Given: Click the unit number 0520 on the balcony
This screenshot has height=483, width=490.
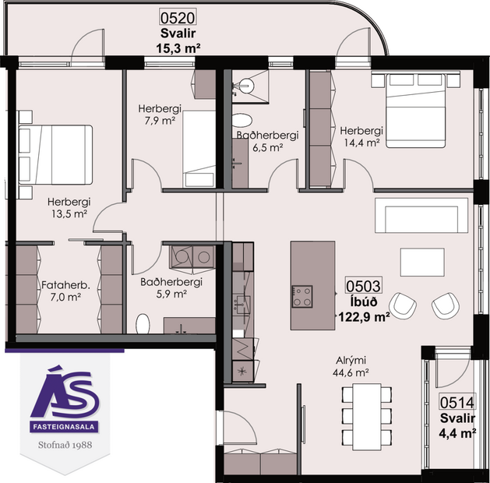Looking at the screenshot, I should click(x=177, y=16).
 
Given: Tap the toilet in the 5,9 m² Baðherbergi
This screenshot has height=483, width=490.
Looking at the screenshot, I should click(x=143, y=323).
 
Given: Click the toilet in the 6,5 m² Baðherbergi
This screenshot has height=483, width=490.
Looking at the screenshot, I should click(x=243, y=122).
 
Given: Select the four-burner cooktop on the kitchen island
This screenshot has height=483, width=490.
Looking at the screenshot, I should click(x=301, y=296).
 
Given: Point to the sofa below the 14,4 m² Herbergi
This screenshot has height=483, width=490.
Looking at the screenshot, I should click(x=421, y=213).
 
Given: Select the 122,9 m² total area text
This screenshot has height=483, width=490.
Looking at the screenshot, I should click(x=363, y=316).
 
